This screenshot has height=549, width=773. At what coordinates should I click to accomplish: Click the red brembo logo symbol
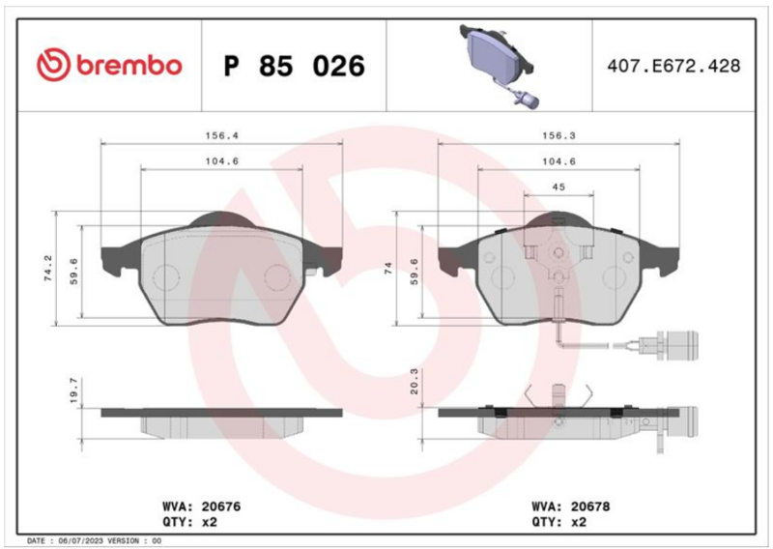(x=53, y=65)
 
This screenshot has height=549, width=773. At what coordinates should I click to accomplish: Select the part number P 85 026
(x=295, y=66)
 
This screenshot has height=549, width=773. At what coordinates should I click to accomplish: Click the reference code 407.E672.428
(x=673, y=66)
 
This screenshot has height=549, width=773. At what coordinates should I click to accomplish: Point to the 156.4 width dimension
(x=222, y=135)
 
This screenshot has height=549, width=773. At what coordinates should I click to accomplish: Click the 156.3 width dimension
(x=558, y=135)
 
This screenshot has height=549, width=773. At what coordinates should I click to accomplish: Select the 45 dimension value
(x=558, y=187)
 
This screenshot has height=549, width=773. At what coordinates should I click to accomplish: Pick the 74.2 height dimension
(x=48, y=269)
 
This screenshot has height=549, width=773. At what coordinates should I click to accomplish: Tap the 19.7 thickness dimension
(x=74, y=390)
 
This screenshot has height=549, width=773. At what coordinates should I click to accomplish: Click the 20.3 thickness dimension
(x=414, y=381)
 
